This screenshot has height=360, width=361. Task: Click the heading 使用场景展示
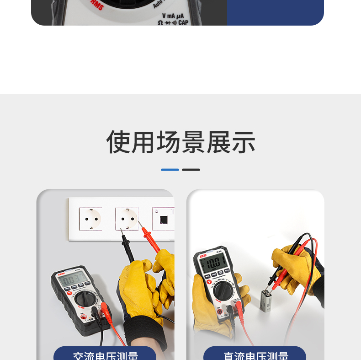click(x=180, y=142)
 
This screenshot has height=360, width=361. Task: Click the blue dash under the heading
click(x=170, y=170)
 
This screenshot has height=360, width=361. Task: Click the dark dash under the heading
click(x=191, y=170)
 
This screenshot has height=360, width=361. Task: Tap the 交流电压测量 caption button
click(x=105, y=355)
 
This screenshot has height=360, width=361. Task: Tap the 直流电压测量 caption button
click(x=255, y=355)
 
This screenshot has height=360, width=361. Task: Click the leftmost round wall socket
click(x=90, y=219)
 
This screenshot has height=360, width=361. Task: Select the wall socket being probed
click(x=127, y=218)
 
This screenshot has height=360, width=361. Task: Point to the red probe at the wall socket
click(x=149, y=237)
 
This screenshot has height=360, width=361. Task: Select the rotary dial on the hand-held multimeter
click(x=223, y=290)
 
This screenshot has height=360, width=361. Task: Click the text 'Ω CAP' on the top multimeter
click(x=173, y=22)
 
